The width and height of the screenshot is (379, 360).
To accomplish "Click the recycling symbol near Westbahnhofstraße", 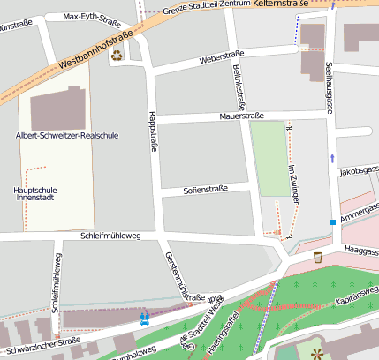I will tap(117, 56).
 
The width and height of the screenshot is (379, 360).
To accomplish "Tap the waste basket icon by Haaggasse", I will tap(317, 257).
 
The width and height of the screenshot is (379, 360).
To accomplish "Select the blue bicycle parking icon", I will tap(143, 317).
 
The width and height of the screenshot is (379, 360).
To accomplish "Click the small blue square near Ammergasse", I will tap(333, 222).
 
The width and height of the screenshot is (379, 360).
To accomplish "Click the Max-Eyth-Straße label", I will tap(93, 17).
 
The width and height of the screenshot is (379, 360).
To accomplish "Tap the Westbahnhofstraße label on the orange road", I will tap(95, 51).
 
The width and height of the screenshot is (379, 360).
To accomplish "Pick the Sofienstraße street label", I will tap(205, 188).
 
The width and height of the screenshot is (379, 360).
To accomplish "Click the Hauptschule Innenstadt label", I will tap(36, 193).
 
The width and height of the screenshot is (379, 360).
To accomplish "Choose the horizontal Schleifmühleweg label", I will tap(110, 236).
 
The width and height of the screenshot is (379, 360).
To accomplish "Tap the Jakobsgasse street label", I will tap(359, 169).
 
